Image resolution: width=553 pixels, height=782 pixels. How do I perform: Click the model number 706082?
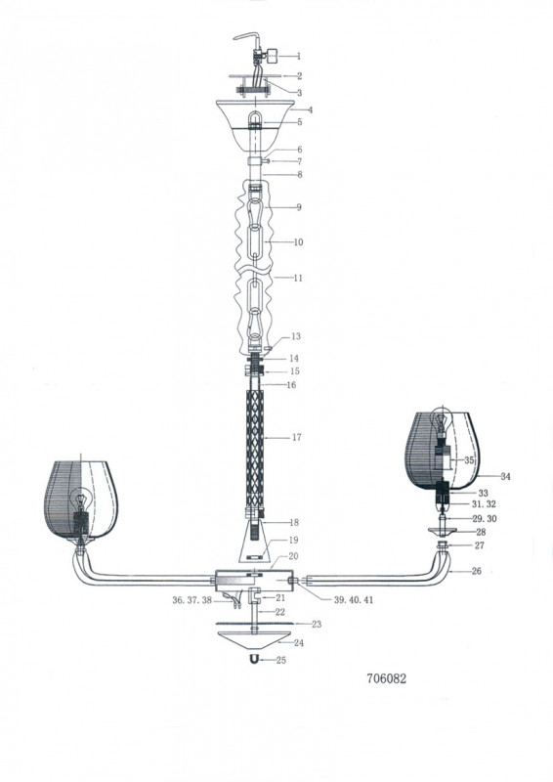click(x=387, y=678)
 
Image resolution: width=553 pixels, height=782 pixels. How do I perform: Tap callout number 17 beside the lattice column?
click(x=297, y=437)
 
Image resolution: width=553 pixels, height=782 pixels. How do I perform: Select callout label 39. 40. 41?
click(x=354, y=600)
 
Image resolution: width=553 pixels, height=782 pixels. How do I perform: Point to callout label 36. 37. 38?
click(x=192, y=600)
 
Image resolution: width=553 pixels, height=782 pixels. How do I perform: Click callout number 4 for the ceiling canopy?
click(x=311, y=109)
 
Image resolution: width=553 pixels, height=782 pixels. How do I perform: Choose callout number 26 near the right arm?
click(x=477, y=571)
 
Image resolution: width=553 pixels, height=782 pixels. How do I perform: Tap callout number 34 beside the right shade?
click(x=506, y=476)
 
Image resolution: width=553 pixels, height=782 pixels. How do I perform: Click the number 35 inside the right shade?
click(x=469, y=459)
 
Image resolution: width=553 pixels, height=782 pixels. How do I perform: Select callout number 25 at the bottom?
click(x=281, y=660)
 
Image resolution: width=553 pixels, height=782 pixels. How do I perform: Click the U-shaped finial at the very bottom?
click(x=254, y=659)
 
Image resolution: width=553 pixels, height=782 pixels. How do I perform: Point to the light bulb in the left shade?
click(x=81, y=500)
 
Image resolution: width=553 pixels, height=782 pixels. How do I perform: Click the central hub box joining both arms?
click(x=254, y=581)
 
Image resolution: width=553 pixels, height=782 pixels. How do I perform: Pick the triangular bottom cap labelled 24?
click(x=254, y=639)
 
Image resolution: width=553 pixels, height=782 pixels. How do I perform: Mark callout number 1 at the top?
click(x=299, y=57)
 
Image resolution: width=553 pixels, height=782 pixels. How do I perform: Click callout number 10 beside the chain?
click(x=298, y=242)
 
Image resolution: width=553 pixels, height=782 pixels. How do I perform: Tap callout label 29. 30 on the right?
click(x=485, y=519)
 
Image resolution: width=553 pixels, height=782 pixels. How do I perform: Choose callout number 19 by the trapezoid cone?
click(x=293, y=541)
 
